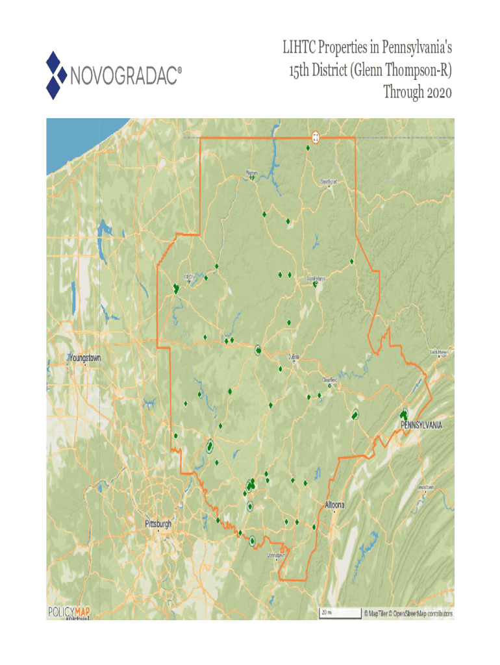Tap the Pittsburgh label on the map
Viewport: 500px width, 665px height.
click(158, 523)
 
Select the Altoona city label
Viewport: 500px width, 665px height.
click(334, 505)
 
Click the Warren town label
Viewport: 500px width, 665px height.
click(251, 173)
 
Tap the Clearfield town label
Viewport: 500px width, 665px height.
click(329, 381)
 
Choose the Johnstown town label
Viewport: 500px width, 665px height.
click(277, 556)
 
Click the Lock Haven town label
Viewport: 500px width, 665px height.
click(440, 352)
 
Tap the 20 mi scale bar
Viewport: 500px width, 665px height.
click(339, 612)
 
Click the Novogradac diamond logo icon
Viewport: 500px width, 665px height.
click(56, 75)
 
